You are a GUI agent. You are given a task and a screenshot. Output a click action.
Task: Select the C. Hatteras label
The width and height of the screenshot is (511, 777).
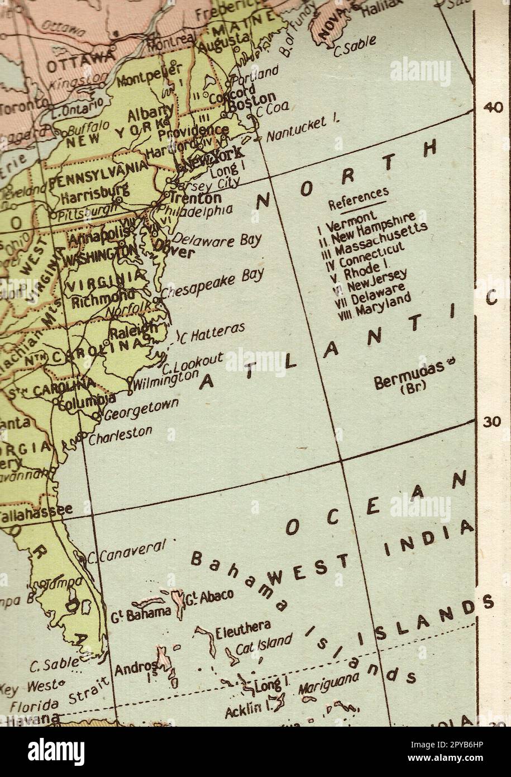[x=213, y=332]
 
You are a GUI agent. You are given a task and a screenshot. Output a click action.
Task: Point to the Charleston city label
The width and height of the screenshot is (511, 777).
[x=120, y=433]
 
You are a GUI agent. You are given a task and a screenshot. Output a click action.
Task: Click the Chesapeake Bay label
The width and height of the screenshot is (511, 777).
[x=212, y=284]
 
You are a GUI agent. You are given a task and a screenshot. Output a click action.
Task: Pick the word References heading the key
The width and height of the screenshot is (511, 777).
[x=358, y=197]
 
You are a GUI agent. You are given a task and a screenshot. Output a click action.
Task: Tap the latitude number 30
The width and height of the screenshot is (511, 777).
[x=492, y=422]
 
